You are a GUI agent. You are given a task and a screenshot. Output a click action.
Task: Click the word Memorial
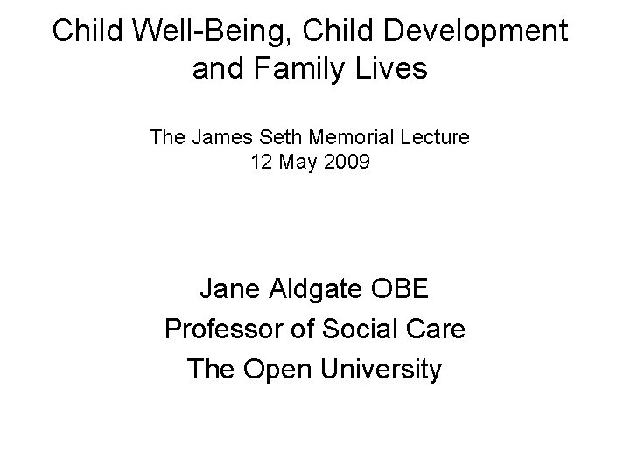pyautogui.click(x=344, y=137)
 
